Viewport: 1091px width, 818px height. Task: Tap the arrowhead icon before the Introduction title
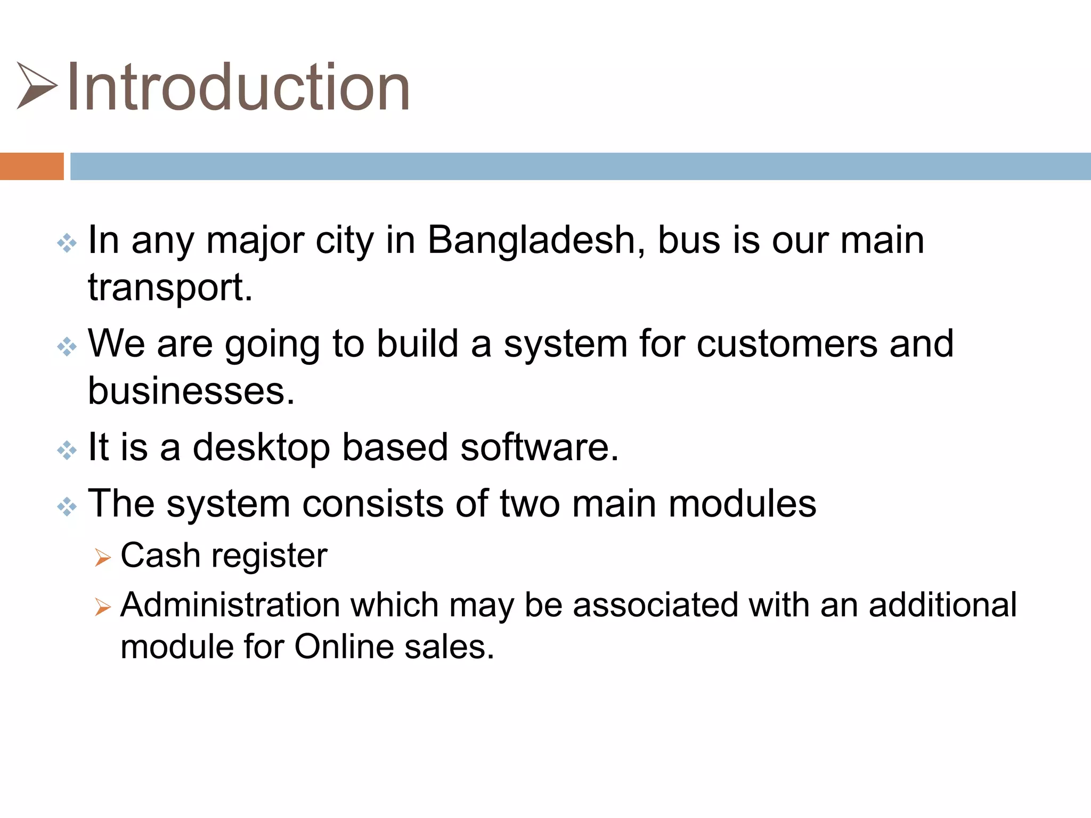(x=36, y=86)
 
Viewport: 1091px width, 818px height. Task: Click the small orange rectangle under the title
(x=31, y=166)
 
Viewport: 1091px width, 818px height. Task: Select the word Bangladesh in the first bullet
(x=536, y=240)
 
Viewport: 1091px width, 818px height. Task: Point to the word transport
(x=170, y=288)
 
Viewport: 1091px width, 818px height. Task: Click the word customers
(x=787, y=343)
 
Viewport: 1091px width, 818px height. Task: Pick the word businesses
(x=191, y=391)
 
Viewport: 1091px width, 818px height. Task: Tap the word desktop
(x=261, y=447)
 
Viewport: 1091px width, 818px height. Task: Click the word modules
(x=742, y=503)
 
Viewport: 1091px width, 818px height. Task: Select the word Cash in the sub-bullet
(x=160, y=555)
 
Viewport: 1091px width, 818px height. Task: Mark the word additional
(x=942, y=605)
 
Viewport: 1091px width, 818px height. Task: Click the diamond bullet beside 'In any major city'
(x=67, y=243)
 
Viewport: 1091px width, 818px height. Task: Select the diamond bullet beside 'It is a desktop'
(x=67, y=451)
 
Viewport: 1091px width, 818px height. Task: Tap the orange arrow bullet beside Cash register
(x=102, y=558)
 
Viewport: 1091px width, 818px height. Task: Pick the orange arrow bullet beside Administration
(x=102, y=607)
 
